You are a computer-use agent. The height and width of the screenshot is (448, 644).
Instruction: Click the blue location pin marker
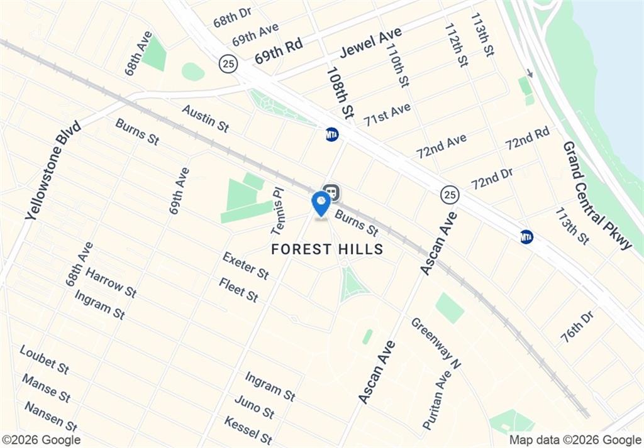click(x=321, y=204)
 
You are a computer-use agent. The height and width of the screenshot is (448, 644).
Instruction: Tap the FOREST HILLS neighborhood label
click(x=327, y=249)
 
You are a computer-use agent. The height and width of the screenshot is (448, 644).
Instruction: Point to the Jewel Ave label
click(x=370, y=43)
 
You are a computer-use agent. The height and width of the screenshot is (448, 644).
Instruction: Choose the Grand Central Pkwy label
click(x=597, y=195)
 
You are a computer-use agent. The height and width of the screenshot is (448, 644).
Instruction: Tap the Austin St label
click(x=205, y=118)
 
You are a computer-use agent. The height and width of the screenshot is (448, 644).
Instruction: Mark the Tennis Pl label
click(x=278, y=209)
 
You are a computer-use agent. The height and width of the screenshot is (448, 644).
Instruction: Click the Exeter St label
click(x=246, y=266)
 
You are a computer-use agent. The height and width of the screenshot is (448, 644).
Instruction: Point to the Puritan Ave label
click(x=437, y=400)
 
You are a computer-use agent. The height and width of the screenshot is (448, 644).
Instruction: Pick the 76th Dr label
click(x=577, y=326)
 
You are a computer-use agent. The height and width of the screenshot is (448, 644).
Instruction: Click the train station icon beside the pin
click(x=331, y=192)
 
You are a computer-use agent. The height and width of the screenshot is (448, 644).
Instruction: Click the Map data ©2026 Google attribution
click(x=575, y=440)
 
